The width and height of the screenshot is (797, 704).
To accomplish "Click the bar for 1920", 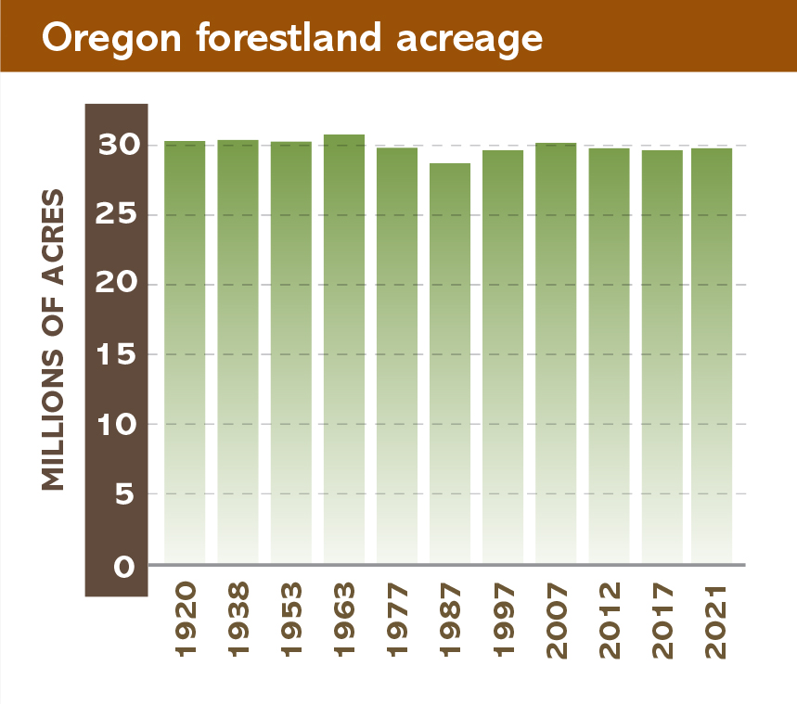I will pos(185,352).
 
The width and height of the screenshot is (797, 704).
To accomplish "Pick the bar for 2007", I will pos(556,353).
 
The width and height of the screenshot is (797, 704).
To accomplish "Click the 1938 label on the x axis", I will pos(238,620).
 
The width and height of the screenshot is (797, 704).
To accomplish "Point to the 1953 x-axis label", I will pos(291,620).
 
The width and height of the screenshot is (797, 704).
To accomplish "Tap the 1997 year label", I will pos(503,620).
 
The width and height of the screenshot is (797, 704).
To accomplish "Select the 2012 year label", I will pos(609,620).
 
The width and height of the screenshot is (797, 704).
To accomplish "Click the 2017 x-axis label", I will pos(662,620).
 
